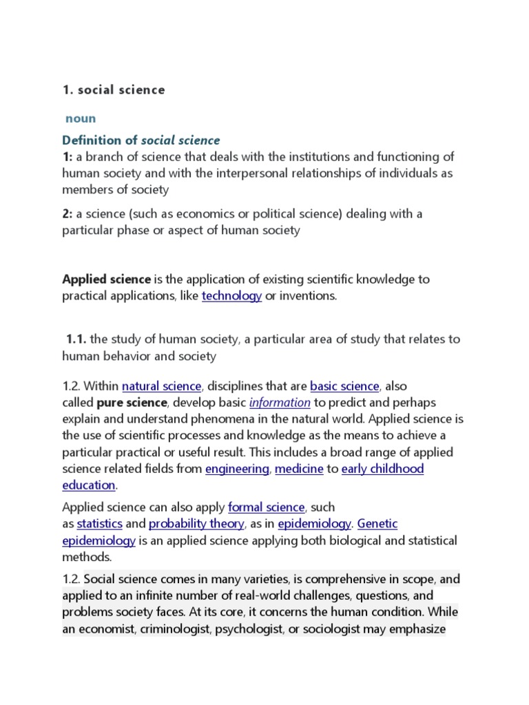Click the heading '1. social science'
(114, 90)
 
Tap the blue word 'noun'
(81, 118)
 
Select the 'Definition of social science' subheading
(141, 140)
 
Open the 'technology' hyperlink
(231, 296)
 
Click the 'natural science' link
(161, 386)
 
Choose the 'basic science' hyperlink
(344, 386)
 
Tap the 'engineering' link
(237, 469)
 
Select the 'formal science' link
(266, 507)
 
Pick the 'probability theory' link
(196, 524)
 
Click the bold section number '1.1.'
(76, 339)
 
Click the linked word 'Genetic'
(377, 524)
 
